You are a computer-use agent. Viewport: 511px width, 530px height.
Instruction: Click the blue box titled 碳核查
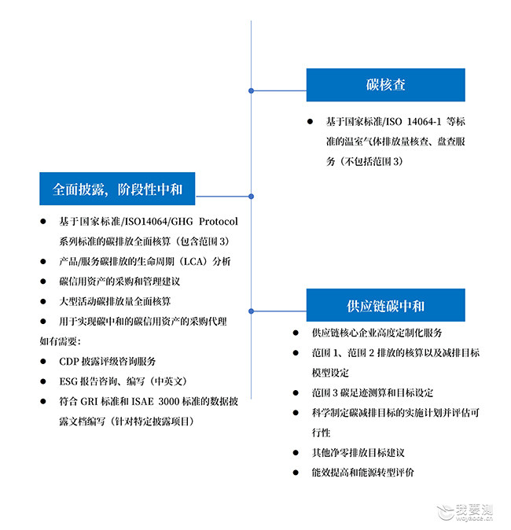(386, 85)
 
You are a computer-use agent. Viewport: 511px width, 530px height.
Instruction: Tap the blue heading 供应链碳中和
(386, 306)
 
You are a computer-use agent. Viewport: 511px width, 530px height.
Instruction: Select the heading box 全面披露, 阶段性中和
(117, 189)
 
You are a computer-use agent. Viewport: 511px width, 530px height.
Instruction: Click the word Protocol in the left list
(219, 222)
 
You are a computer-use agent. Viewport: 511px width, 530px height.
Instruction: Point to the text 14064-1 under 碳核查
(425, 121)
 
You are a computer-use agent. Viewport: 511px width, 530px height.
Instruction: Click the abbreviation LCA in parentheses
(193, 261)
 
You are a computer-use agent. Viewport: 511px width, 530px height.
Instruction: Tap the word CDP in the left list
(69, 362)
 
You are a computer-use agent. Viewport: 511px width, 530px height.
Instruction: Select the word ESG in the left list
(68, 381)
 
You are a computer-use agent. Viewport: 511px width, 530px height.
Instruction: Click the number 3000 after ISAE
(169, 401)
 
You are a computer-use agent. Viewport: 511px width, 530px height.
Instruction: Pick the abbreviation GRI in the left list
(89, 401)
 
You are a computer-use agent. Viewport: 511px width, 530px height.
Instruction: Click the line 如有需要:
(60, 341)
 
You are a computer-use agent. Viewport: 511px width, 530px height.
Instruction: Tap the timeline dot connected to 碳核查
(251, 90)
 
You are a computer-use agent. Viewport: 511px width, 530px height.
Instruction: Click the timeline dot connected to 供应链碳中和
(251, 311)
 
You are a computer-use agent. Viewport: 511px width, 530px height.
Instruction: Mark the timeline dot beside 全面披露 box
(251, 197)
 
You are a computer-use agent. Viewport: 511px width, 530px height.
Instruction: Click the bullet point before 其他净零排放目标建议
(296, 453)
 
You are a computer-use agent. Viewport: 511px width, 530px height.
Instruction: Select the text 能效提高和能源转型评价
(362, 473)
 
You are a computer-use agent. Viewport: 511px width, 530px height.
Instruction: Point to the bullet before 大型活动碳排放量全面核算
(43, 301)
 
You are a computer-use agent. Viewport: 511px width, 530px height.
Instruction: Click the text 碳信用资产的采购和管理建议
(119, 282)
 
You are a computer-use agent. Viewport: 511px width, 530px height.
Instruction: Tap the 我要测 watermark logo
(465, 513)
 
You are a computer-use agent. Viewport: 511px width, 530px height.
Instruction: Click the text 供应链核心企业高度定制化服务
(377, 333)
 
